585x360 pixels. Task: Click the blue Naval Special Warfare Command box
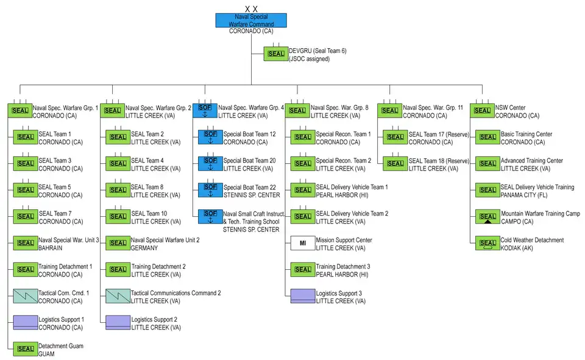click(251, 21)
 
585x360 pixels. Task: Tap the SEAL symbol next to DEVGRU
click(276, 54)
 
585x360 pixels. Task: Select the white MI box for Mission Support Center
click(303, 243)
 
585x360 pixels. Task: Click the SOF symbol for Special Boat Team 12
click(210, 136)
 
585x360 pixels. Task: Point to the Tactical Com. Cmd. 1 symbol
click(26, 296)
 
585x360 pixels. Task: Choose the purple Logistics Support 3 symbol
click(303, 296)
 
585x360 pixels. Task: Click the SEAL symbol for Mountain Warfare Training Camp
click(487, 217)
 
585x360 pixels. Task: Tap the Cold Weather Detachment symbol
click(487, 243)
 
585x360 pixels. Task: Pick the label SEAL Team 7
click(54, 214)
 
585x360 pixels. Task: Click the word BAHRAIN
click(51, 249)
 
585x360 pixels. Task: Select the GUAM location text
click(46, 354)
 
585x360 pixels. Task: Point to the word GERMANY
click(144, 249)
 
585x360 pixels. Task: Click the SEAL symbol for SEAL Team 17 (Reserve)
click(395, 136)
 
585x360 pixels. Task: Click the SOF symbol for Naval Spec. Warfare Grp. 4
click(205, 110)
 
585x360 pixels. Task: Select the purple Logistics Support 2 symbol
click(118, 322)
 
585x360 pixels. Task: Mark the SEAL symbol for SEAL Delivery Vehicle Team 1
click(303, 189)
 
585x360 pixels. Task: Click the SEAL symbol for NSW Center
click(482, 110)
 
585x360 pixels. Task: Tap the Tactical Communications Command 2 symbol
click(118, 296)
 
